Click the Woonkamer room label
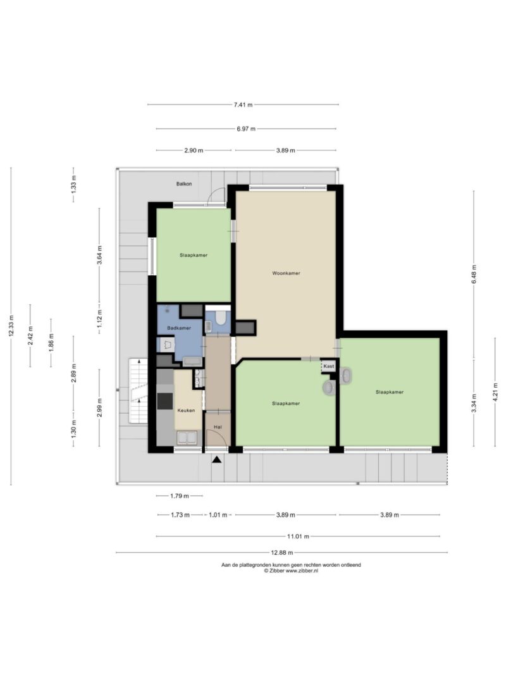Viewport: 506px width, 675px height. click(286, 273)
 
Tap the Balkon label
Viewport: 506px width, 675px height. click(184, 184)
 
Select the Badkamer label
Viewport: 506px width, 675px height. click(179, 328)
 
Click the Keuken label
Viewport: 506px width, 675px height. click(187, 411)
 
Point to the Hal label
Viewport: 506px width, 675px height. click(218, 427)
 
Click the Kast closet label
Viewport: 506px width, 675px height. click(329, 366)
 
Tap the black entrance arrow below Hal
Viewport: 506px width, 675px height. click(217, 460)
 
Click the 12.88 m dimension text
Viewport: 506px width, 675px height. click(282, 553)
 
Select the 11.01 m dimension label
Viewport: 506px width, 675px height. click(298, 536)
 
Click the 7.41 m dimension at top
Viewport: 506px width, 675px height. click(243, 104)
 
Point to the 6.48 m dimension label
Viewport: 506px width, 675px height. click(474, 274)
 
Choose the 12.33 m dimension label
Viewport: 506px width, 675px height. click(11, 325)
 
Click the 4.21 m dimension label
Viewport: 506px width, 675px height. click(495, 392)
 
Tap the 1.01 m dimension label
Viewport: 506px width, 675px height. click(218, 515)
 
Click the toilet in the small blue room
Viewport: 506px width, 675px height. click(220, 318)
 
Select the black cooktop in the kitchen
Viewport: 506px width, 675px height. click(165, 401)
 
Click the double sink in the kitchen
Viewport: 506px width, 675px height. click(187, 438)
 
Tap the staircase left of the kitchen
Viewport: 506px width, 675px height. click(139, 391)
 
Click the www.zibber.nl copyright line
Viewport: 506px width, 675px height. click(292, 571)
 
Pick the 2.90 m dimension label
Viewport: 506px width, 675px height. click(194, 151)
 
